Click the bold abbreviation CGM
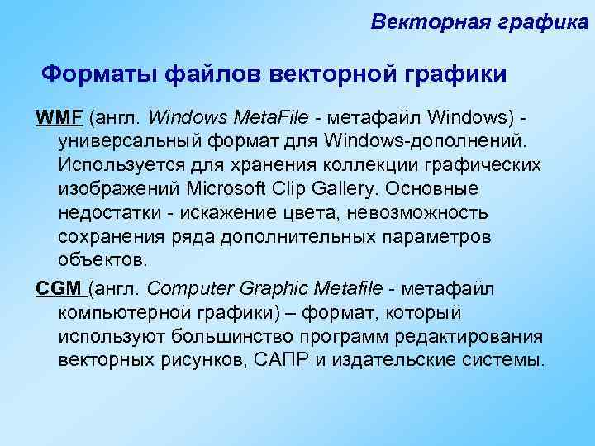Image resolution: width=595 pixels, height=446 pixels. [x=59, y=288]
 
